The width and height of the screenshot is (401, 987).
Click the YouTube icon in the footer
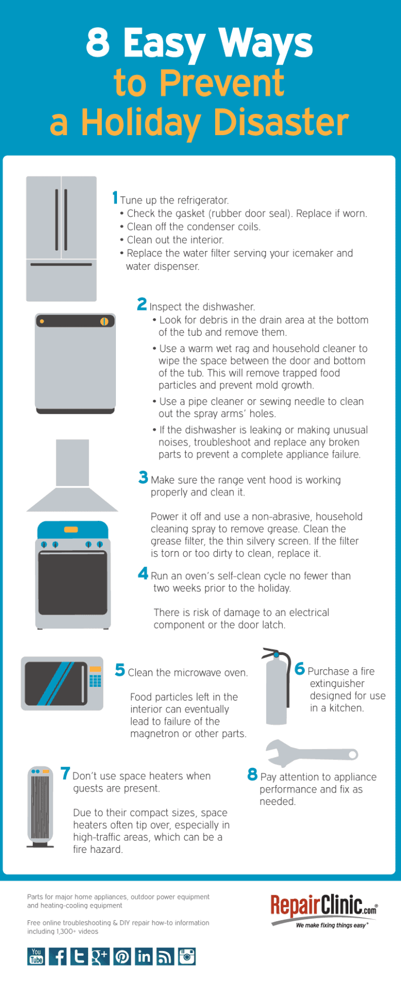pos(36,956)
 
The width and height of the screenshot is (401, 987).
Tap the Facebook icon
pos(58,956)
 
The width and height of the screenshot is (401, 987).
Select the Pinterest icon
pos(122,956)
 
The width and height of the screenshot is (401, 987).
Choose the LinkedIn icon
pos(144,956)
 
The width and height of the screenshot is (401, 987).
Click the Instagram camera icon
pos(186,956)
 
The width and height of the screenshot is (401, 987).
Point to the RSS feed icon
pos(165,956)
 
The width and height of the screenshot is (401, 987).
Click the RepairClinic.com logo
pos(323,910)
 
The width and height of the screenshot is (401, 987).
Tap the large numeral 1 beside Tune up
pos(115,198)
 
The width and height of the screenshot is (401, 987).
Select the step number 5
pos(120,670)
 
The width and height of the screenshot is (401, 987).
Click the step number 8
pos(252,774)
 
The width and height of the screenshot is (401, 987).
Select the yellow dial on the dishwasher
pos(104,322)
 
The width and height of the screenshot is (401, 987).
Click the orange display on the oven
pos(71,529)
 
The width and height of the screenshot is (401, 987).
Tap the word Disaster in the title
pos(281,122)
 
